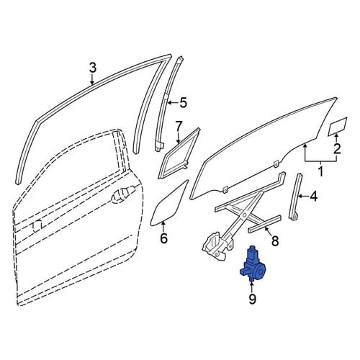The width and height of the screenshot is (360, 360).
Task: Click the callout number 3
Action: click(93, 68)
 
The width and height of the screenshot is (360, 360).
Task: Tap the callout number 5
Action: click(183, 103)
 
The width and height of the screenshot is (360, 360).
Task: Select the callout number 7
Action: click(178, 126)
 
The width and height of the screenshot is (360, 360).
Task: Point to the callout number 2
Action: click(337, 149)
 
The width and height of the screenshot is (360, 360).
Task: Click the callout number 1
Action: click(320, 171)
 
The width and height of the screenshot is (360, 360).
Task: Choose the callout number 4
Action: click(313, 196)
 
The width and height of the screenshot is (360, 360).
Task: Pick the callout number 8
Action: click(275, 240)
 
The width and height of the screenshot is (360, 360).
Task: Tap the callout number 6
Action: click(163, 238)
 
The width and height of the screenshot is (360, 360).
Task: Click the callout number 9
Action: click(252, 299)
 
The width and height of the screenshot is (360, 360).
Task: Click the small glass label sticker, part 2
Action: click(338, 127)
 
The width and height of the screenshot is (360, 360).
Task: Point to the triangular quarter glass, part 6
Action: click(168, 204)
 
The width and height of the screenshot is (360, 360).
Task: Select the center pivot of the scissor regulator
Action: click(245, 215)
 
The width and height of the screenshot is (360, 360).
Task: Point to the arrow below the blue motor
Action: click(252, 287)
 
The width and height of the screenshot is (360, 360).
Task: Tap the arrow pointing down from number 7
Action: click(178, 138)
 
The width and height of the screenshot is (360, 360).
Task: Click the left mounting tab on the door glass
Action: click(225, 189)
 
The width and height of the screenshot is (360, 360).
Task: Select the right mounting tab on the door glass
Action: click(276, 163)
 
